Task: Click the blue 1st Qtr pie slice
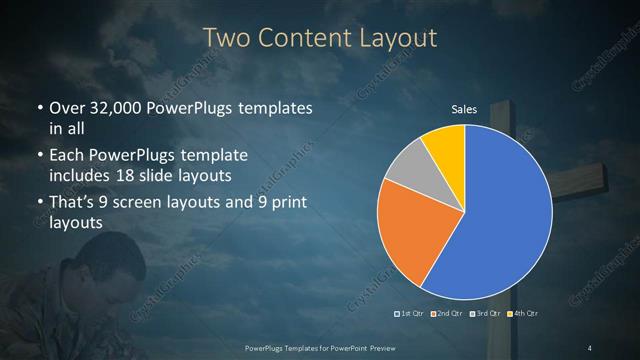[x=500, y=220]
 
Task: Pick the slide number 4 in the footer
[x=590, y=347]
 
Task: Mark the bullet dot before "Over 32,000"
[x=39, y=108]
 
